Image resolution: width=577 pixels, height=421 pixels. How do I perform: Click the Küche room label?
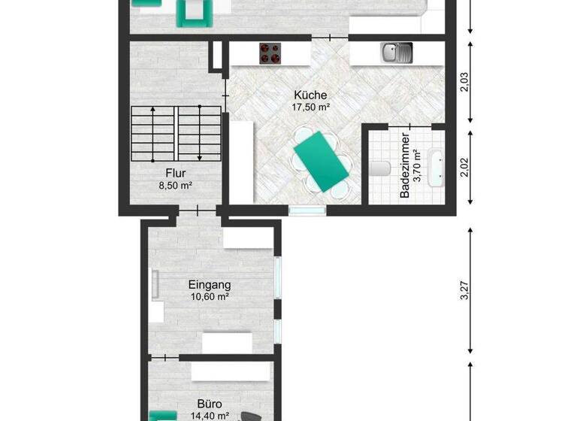310,95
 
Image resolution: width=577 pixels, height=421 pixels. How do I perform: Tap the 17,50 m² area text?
310,108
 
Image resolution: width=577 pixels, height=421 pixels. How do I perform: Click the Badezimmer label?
405,165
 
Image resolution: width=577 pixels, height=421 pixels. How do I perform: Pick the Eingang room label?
209,285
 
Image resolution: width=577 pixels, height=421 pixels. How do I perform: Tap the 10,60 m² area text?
209,297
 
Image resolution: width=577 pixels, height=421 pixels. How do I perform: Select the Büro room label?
209,403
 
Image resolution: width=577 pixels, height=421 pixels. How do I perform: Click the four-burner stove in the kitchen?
270,53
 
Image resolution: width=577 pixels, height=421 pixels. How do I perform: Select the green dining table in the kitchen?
322,160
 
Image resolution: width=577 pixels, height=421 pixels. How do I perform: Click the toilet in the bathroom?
378,167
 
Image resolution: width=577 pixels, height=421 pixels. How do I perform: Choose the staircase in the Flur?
176,135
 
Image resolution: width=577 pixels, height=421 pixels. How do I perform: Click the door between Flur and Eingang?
198,210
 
